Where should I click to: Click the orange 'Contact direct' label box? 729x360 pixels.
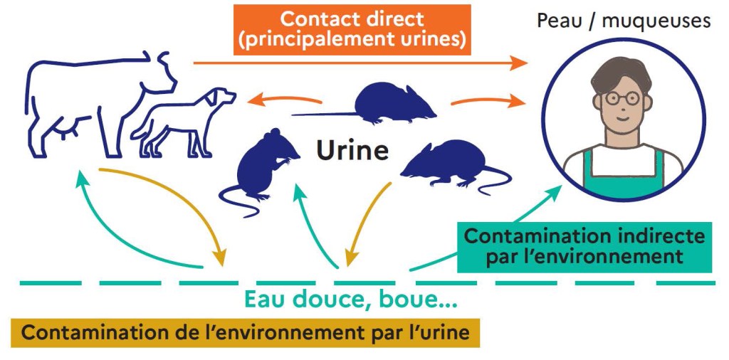352,30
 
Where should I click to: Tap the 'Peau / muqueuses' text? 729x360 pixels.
624,21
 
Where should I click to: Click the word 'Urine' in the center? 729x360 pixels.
352,151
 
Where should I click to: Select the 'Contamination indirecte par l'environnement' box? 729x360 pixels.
584,247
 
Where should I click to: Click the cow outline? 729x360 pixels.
100,104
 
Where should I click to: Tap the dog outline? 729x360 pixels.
183,122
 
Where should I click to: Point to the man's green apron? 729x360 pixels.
623,174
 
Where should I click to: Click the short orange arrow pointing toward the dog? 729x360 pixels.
284,99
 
